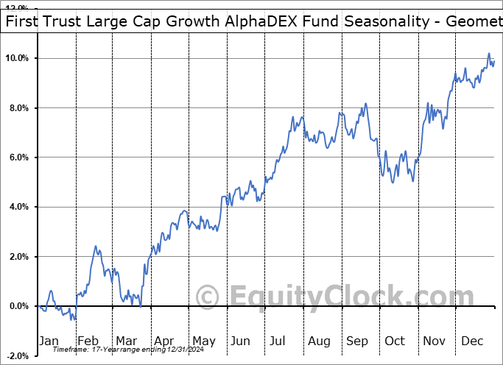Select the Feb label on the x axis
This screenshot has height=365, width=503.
pyautogui.click(x=88, y=341)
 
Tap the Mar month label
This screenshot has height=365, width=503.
pyautogui.click(x=125, y=341)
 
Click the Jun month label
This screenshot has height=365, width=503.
pyautogui.click(x=240, y=341)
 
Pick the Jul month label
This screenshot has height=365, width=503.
pyautogui.click(x=278, y=341)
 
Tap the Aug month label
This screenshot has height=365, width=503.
pyautogui.click(x=318, y=341)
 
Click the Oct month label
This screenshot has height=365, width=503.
pyautogui.click(x=395, y=341)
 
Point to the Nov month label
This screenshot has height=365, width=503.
pyautogui.click(x=434, y=341)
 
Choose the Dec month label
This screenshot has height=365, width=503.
pyautogui.click(x=471, y=341)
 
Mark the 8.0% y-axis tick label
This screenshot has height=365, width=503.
pyautogui.click(x=20, y=108)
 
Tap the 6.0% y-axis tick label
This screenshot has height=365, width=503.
pyautogui.click(x=20, y=157)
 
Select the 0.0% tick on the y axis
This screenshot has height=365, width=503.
pyautogui.click(x=20, y=306)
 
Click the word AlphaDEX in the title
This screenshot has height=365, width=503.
pyautogui.click(x=239, y=21)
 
